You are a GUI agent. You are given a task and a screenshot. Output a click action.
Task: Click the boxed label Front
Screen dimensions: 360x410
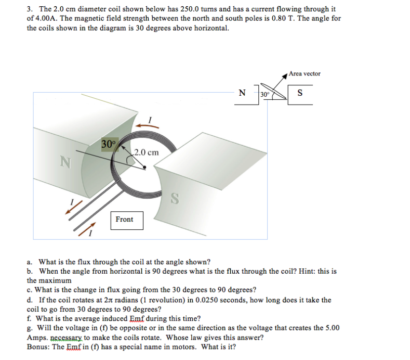(x=124, y=220)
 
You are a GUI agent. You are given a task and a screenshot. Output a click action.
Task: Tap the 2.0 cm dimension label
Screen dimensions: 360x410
(x=146, y=152)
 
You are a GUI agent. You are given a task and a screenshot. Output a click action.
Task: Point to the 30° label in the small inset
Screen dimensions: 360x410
(x=265, y=95)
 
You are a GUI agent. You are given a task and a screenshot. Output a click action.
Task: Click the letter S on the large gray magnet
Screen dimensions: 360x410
(x=176, y=198)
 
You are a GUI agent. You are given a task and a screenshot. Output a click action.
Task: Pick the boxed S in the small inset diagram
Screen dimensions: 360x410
(x=300, y=94)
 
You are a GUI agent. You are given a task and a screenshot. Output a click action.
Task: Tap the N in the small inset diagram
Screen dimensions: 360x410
(x=242, y=94)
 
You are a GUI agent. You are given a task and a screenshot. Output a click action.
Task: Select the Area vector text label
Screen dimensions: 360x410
(x=305, y=73)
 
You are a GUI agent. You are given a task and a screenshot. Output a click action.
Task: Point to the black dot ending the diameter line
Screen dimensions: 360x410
(x=145, y=168)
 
